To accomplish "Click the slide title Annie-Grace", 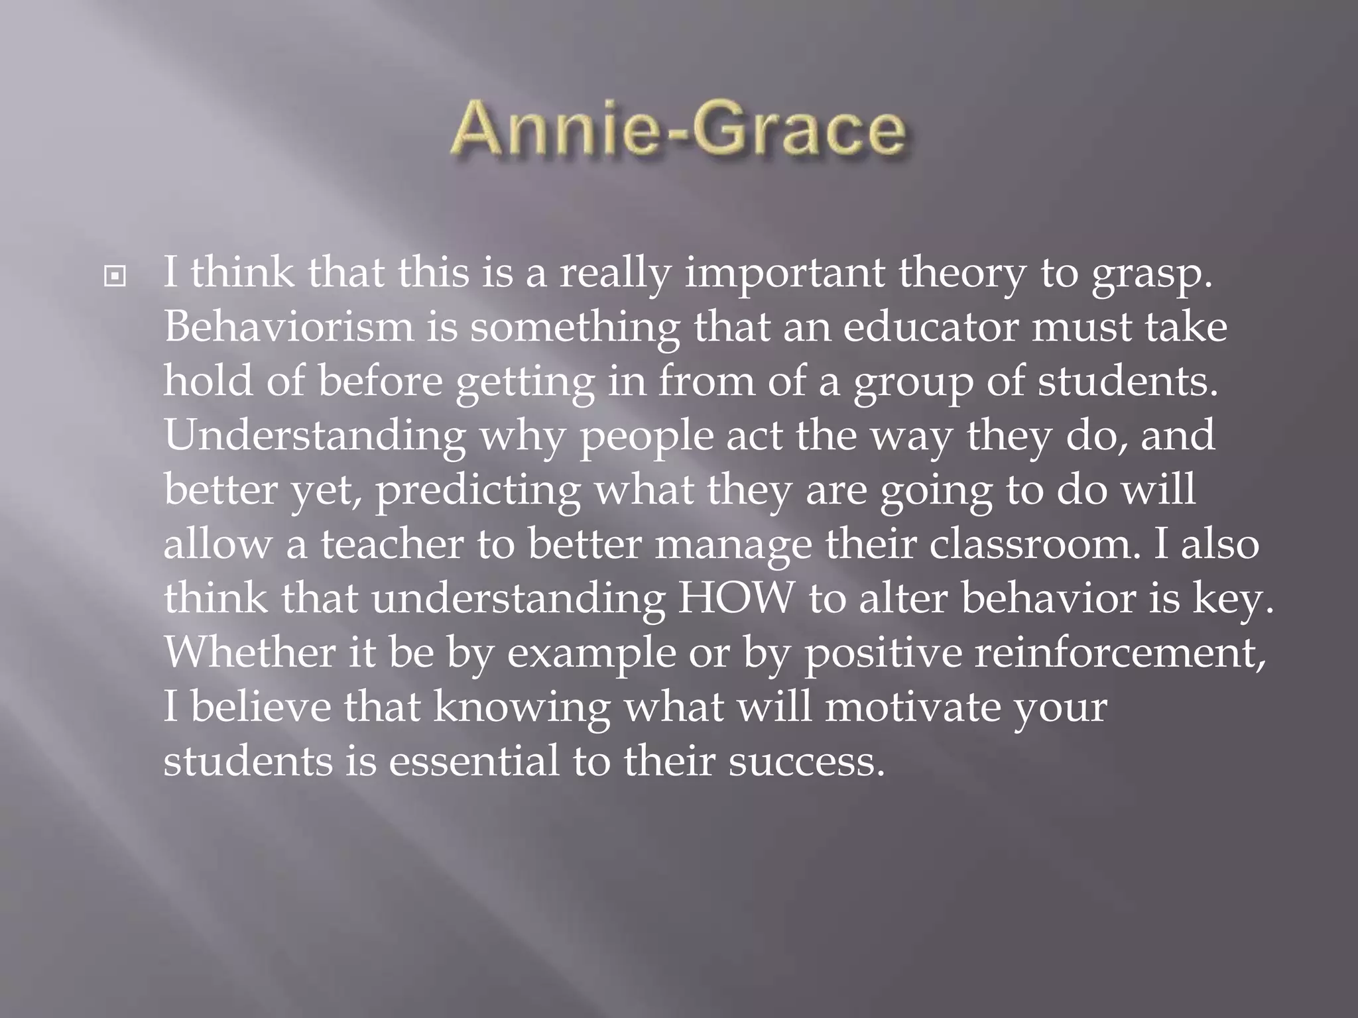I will click(x=678, y=130).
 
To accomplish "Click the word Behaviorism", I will click(x=288, y=327).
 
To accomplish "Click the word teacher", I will click(x=393, y=545).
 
